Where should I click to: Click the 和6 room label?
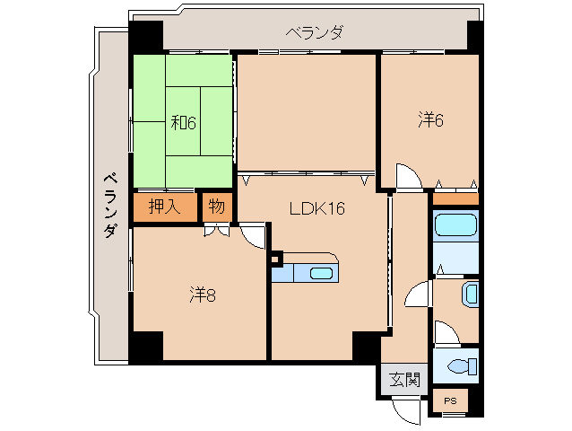183,121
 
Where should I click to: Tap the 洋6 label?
429,119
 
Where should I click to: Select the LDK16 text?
316,208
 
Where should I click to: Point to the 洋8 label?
202,294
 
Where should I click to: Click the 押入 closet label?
165,205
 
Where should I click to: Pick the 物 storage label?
216,205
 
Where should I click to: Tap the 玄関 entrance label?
403,379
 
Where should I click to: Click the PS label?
449,400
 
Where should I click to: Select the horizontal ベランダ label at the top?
314,33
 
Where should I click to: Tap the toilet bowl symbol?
459,366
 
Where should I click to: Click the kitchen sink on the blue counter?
320,274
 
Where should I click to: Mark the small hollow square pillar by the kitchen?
276,260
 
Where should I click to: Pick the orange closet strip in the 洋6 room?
455,198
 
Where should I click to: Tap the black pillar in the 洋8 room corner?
147,346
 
